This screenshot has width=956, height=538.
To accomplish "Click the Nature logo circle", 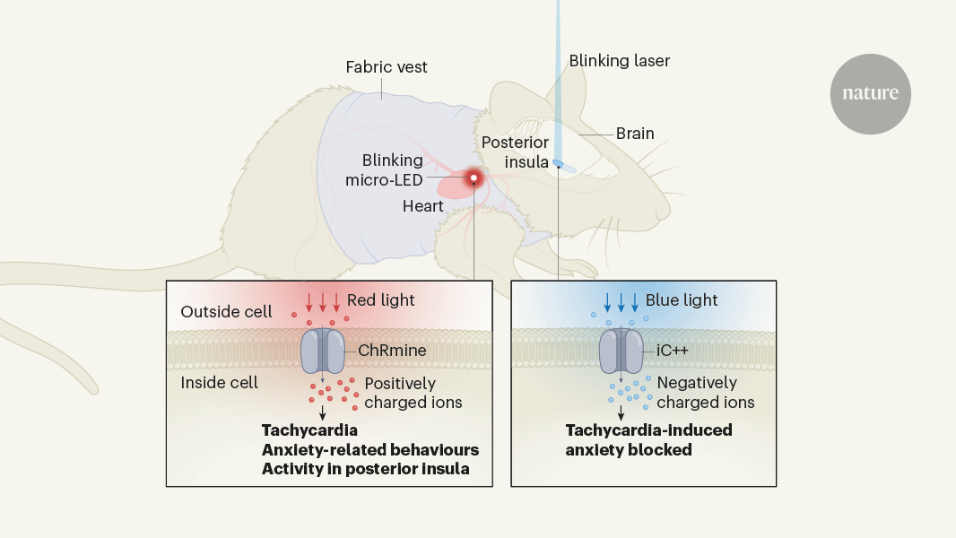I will pos(870,94).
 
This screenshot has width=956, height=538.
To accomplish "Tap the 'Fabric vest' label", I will pos(387,67).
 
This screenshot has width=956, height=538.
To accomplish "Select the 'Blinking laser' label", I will pos(619,61).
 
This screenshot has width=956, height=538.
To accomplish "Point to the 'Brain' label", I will pos(635,134).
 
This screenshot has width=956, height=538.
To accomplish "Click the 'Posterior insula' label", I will pos(515,152).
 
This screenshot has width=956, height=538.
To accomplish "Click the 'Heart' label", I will pos(423,206).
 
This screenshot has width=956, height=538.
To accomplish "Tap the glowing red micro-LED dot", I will pos(473,179).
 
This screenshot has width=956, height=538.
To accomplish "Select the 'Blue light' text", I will pos(682,299).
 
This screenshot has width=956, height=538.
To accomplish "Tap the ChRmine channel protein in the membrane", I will pos(322,351).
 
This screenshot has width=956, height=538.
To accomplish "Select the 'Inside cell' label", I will pos(220,383).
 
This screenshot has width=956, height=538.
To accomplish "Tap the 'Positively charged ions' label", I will pos(413,393).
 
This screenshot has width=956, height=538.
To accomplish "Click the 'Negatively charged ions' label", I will pos(706,393).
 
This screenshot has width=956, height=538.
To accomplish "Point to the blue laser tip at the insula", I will pos(558,163).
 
